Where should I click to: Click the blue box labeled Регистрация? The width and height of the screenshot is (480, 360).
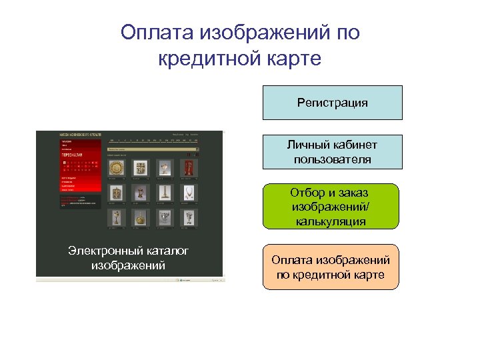click(x=332, y=103)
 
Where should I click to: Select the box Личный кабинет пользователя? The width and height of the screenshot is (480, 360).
click(x=332, y=151)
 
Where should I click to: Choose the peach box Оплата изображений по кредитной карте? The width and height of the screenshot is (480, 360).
click(x=331, y=267)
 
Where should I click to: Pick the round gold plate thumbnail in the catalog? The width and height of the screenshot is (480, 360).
click(x=117, y=167)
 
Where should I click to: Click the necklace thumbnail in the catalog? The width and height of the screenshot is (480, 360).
click(x=189, y=193)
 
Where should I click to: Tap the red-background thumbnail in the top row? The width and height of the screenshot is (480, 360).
click(x=189, y=167)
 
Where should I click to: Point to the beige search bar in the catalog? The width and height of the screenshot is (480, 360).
click(x=152, y=149)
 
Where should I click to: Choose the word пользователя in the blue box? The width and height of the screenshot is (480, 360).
click(x=332, y=160)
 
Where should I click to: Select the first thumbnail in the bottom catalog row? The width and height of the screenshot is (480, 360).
click(x=117, y=217)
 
